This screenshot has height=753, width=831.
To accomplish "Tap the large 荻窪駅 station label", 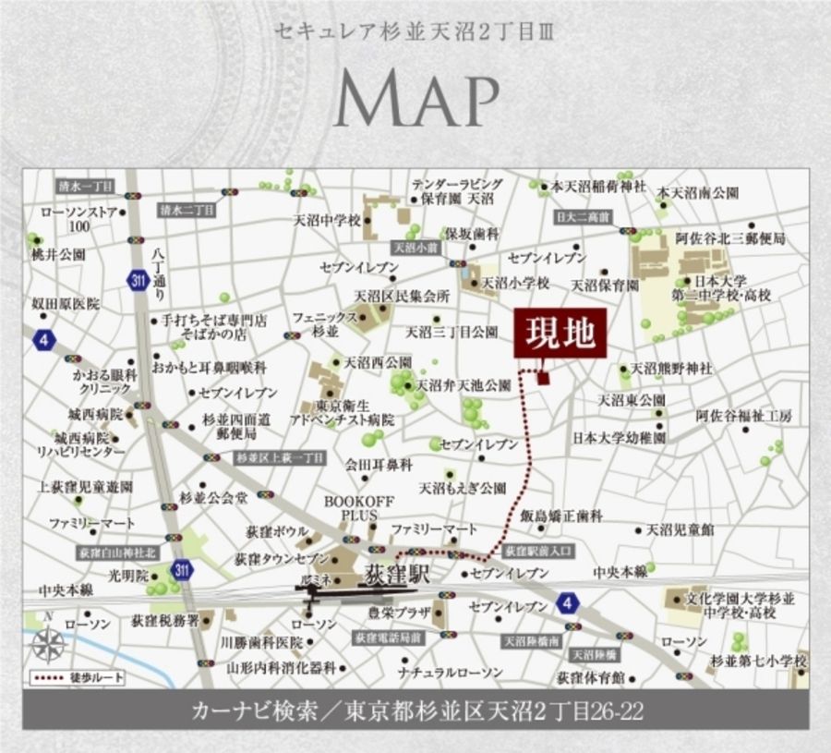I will (398, 573).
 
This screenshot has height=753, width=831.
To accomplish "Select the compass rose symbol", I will (49, 641).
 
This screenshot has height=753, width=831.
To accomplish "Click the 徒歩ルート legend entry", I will (78, 677).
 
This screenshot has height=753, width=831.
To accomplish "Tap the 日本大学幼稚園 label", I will (619, 437).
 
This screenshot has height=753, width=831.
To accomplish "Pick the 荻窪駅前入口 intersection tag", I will (539, 550).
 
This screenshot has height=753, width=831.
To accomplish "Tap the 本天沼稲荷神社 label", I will (592, 187).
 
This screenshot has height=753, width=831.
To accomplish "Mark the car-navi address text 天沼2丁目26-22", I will (563, 711).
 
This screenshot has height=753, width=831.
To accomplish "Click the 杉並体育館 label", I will (591, 676).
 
